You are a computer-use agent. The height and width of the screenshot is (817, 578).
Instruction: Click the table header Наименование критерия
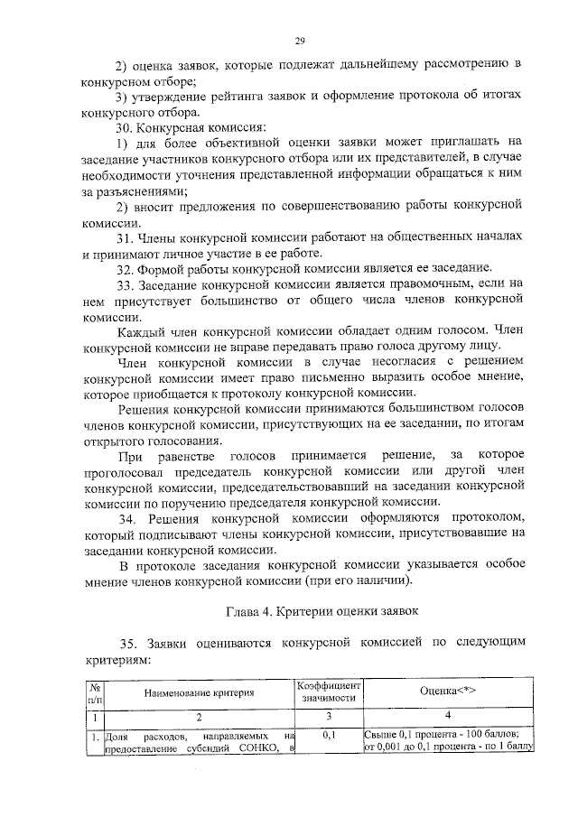pos(197,692)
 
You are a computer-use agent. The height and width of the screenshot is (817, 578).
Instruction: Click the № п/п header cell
pos(95,692)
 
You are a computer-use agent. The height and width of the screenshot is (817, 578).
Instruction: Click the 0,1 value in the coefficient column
pos(329,735)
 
